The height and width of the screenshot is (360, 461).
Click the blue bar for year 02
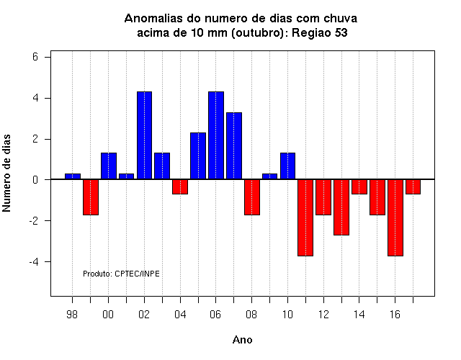point(144,135)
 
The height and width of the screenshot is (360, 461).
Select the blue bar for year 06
point(216,135)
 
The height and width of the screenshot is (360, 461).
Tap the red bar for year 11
point(305,217)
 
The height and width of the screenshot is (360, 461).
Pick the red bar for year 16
point(395,217)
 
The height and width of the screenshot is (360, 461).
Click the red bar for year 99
point(91,197)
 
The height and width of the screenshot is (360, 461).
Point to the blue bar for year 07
point(234,145)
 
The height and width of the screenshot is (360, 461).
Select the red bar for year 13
point(341,207)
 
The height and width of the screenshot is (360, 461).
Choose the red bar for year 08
point(252,197)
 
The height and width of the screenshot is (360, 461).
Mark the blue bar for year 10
point(287,166)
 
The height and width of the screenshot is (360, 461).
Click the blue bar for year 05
point(198,156)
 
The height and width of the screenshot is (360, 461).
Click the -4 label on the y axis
point(34,261)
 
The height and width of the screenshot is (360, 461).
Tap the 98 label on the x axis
point(72,315)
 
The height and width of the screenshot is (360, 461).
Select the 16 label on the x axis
point(395,315)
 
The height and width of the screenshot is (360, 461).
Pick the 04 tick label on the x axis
point(180,315)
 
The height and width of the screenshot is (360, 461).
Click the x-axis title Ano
point(242,340)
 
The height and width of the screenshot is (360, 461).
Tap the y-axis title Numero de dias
point(6,174)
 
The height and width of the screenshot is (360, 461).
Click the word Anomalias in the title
point(153,19)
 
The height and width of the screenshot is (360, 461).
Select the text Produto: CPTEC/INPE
point(121,274)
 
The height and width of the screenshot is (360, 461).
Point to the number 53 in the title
point(341,32)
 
